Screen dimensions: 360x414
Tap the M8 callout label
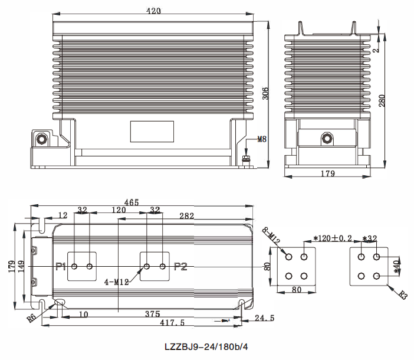262,140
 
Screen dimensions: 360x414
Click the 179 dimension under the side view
327,174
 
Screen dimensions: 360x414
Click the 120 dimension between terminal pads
118,210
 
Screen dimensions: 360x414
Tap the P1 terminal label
60,267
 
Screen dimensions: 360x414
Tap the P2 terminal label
180,267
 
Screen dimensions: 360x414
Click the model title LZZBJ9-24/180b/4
206,347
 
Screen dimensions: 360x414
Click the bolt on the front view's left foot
42,139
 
